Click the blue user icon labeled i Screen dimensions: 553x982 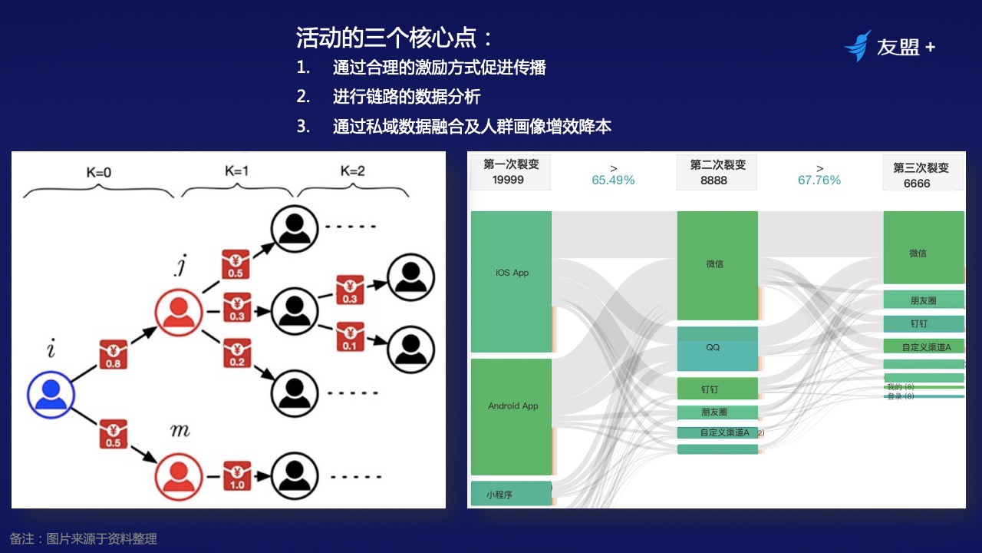51,395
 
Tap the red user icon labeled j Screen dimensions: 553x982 178,311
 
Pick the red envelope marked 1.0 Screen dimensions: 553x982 237,477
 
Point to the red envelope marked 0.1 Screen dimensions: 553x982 350,338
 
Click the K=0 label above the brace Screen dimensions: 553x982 98,173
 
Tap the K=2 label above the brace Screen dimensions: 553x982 352,171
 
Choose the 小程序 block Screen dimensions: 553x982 510,494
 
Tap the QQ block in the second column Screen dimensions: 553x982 717,349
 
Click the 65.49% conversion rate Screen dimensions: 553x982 613,180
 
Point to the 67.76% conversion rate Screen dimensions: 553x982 819,180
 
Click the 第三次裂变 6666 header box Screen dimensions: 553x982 921,174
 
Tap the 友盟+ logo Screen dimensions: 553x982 890,47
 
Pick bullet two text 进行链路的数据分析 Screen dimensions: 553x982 407,97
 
